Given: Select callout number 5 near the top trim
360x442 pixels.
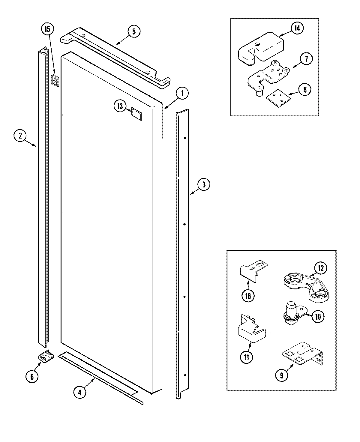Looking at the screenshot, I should tap(133, 31).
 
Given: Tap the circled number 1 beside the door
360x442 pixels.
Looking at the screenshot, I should tap(182, 93).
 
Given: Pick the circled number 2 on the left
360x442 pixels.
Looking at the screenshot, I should tap(20, 136).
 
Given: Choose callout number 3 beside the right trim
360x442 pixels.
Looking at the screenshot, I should tap(204, 185).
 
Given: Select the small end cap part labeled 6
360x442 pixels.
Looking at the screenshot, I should tap(45, 357).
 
